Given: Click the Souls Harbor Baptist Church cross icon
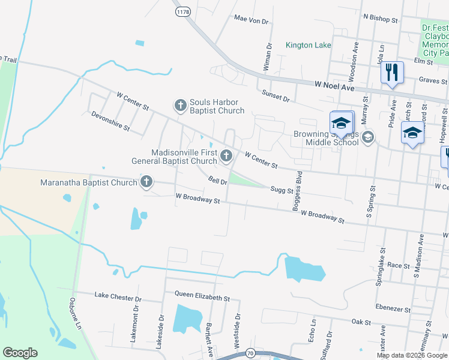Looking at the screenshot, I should [x=180, y=106].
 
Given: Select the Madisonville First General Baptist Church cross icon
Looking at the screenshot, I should [x=226, y=156].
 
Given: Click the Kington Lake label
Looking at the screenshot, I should [x=308, y=45].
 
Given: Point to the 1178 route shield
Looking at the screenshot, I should [x=182, y=11].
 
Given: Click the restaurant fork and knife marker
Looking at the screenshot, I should [x=392, y=73].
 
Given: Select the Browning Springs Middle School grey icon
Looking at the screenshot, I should [x=368, y=137].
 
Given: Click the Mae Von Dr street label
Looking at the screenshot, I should [x=251, y=20].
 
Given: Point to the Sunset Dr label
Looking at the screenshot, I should [x=276, y=94].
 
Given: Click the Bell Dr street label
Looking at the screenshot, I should [x=217, y=180].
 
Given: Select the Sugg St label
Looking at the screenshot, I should [x=280, y=191].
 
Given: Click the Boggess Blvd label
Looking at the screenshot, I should [x=296, y=191].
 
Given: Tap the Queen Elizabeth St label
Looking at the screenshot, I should [x=202, y=297].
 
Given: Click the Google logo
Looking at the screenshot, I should [x=20, y=353].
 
